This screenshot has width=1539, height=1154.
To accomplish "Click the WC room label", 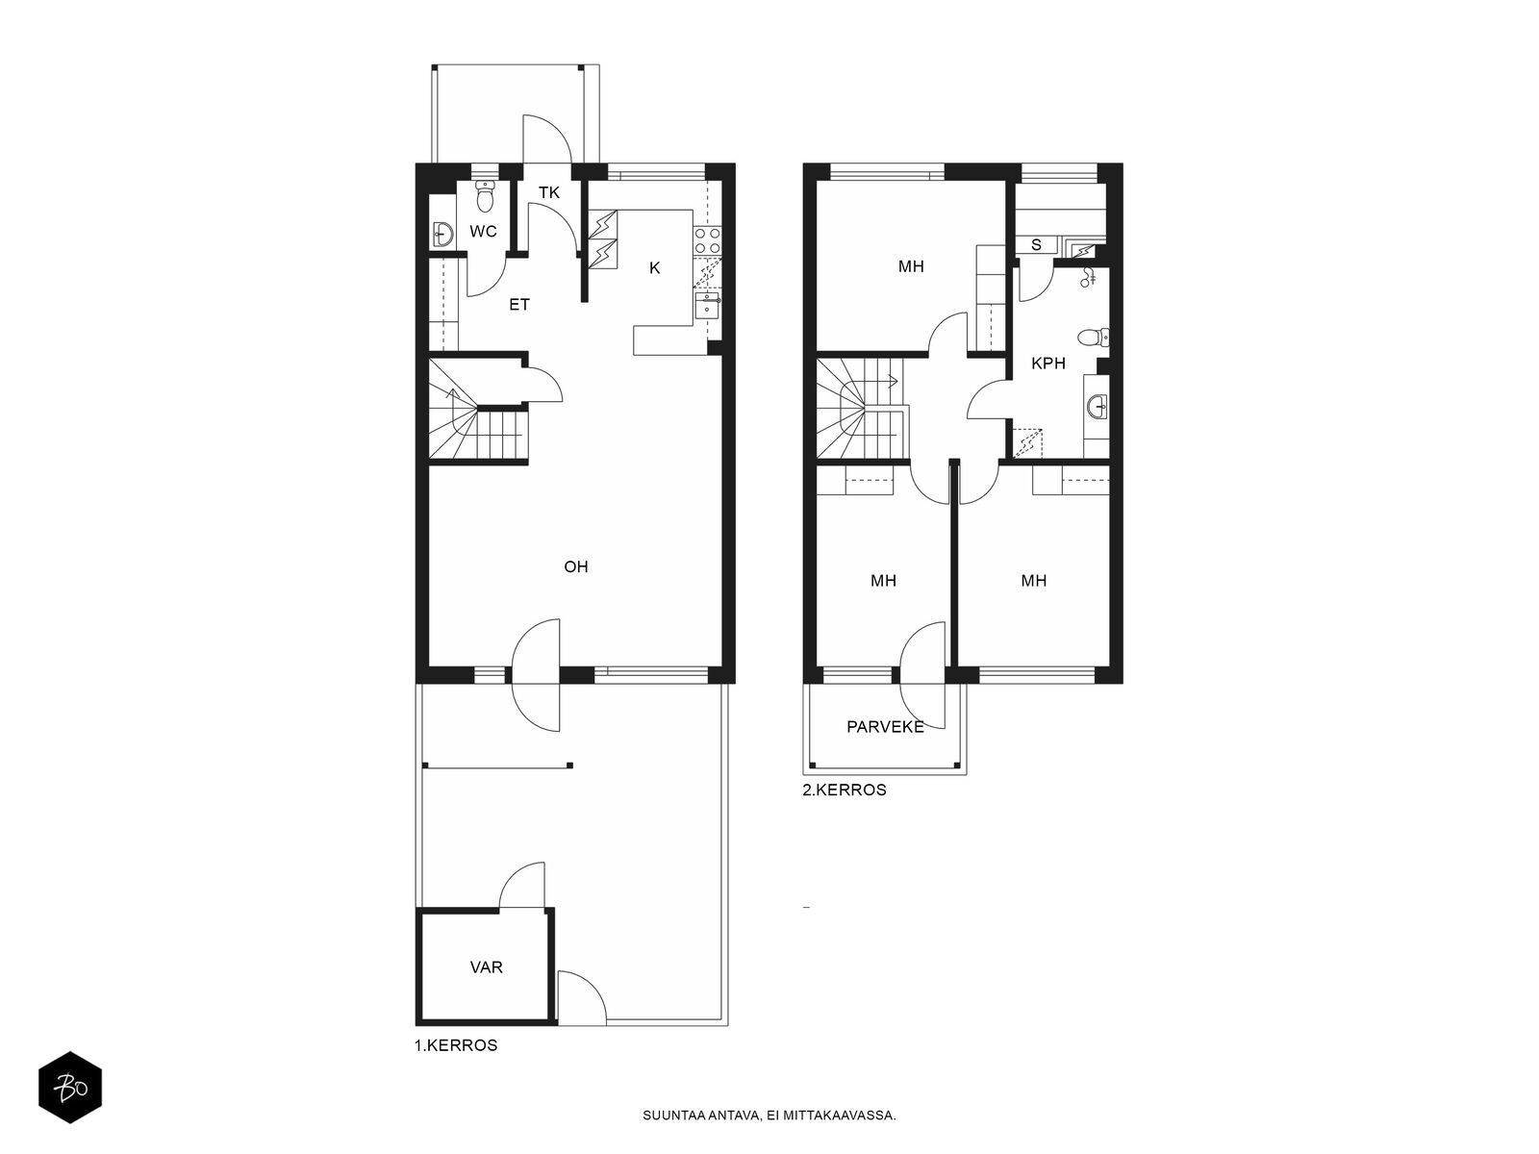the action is [x=483, y=231].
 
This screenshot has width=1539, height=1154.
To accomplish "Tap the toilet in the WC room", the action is [x=485, y=195].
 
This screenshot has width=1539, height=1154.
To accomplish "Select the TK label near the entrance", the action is [x=549, y=192].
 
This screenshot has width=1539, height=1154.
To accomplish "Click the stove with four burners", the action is [x=707, y=240].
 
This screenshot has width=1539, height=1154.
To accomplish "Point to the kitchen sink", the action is [x=707, y=306].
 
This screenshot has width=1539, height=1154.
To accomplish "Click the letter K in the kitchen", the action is [x=654, y=267].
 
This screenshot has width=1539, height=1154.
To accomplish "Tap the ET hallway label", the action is [x=518, y=305].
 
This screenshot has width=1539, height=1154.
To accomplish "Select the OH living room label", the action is [x=575, y=566].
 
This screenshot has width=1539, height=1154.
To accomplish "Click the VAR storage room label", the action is [x=486, y=967].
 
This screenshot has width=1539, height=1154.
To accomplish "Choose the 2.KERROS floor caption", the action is [x=845, y=790].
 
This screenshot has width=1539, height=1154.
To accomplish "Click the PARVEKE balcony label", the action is [x=885, y=727].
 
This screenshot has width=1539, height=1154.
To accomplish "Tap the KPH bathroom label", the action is [x=1048, y=363].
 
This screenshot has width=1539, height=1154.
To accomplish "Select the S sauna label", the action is [x=1036, y=245].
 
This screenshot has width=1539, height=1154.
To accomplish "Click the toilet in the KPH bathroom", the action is [x=1093, y=339].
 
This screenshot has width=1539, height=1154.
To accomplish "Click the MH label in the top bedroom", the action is [x=911, y=266].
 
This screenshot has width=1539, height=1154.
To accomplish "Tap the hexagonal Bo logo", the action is [x=70, y=1088].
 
